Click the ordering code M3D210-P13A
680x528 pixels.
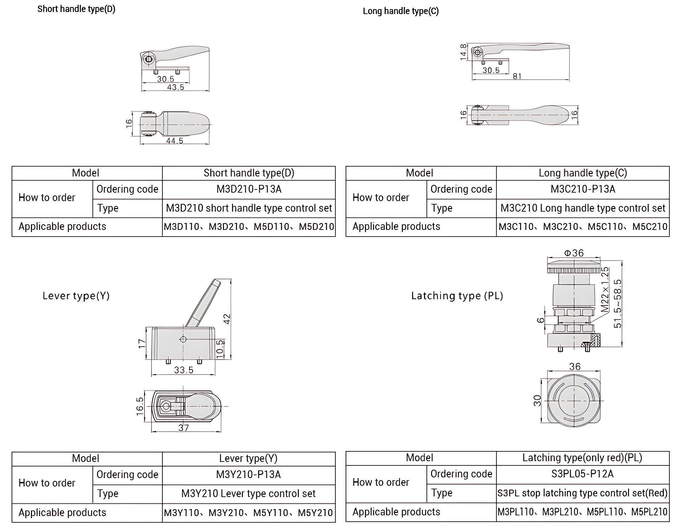(249, 189)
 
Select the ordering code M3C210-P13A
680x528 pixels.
(583, 189)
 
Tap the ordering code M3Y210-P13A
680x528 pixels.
(248, 475)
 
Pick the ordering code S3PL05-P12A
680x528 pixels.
(582, 474)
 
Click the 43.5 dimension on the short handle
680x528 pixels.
(175, 87)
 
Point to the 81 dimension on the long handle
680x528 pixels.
(517, 76)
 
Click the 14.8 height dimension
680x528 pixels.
(463, 52)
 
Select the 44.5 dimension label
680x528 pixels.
(175, 141)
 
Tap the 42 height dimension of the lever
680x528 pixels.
(227, 319)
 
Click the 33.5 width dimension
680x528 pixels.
(184, 370)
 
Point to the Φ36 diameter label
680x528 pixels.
(574, 253)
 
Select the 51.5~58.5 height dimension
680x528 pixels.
(617, 304)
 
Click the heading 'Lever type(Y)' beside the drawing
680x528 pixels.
(76, 296)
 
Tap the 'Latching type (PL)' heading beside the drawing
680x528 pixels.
(457, 296)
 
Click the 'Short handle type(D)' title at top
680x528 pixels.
(76, 9)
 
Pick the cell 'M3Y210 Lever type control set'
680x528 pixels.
(248, 494)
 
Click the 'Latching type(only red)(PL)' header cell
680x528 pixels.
(582, 458)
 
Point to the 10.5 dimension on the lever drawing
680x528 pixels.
(220, 349)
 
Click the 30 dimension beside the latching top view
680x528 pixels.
(537, 401)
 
